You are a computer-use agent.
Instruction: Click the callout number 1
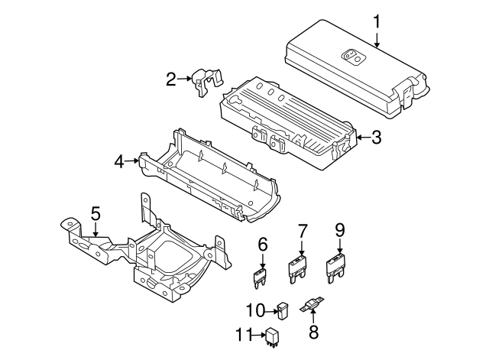pyautogui.click(x=377, y=22)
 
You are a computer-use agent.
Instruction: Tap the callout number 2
pyautogui.click(x=172, y=77)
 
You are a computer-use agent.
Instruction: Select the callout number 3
pyautogui.click(x=375, y=138)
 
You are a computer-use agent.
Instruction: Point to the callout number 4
pyautogui.click(x=119, y=161)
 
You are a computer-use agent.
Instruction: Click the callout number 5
pyautogui.click(x=96, y=212)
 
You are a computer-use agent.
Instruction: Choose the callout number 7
pyautogui.click(x=302, y=229)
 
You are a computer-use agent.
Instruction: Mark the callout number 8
pyautogui.click(x=313, y=332)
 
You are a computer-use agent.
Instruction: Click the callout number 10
pyautogui.click(x=255, y=310)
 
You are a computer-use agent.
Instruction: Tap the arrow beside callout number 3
pyautogui.click(x=361, y=138)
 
